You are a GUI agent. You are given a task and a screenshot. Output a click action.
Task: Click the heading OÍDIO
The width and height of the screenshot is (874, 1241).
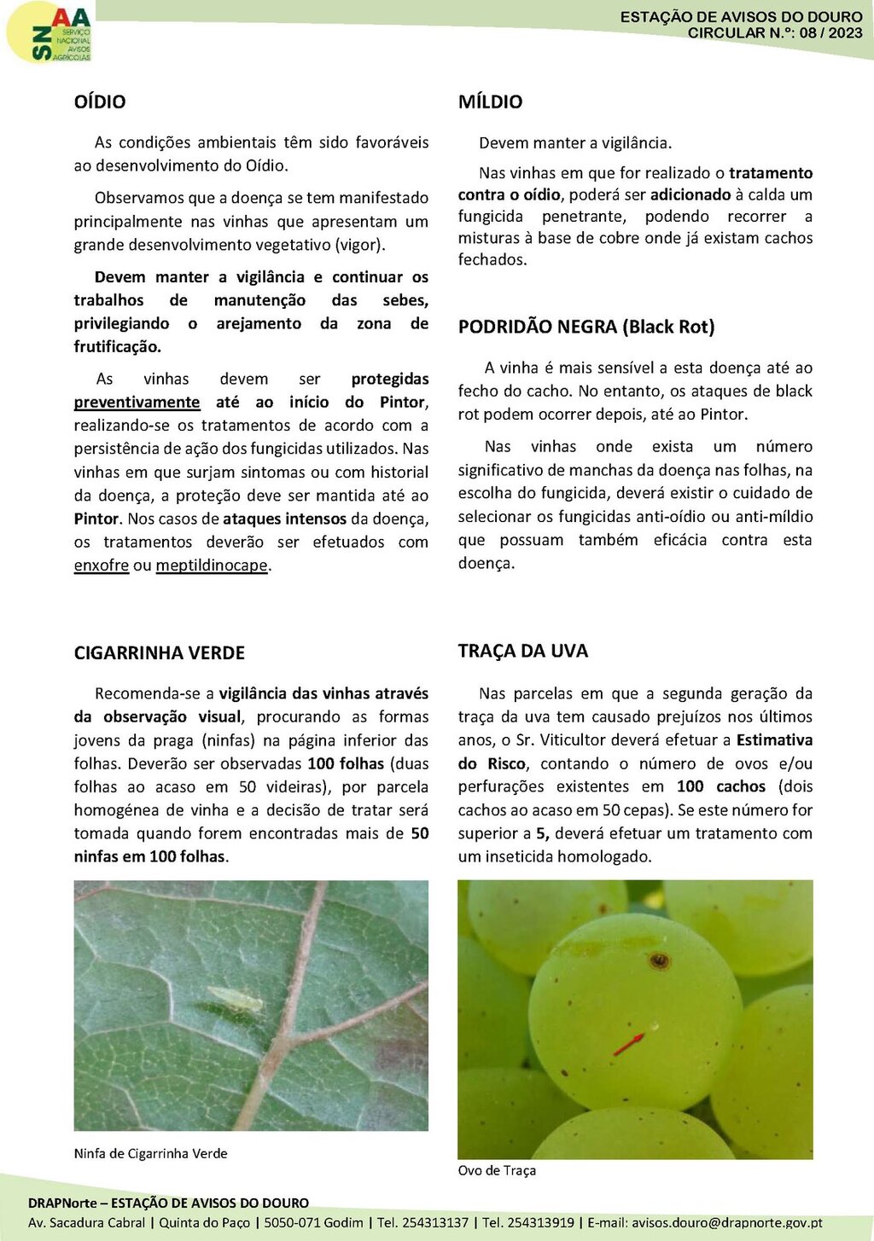click(x=100, y=101)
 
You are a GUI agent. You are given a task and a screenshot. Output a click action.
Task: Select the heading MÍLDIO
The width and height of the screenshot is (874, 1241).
click(x=490, y=101)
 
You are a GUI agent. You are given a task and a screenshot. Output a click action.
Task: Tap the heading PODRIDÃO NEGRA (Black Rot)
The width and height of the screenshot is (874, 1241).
click(x=586, y=327)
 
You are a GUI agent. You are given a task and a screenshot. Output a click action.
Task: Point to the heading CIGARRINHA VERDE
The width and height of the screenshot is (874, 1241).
click(x=160, y=652)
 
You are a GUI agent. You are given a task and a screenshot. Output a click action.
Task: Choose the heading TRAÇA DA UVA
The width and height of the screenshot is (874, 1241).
click(x=522, y=651)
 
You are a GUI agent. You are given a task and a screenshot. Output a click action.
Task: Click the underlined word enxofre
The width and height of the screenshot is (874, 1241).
click(x=101, y=565)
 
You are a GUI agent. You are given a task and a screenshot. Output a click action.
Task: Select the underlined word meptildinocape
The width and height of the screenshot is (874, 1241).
click(x=212, y=565)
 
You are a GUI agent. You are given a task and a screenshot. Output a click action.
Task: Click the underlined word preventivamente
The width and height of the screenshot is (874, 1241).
click(x=137, y=402)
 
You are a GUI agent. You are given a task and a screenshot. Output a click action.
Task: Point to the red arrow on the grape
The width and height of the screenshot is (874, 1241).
click(x=629, y=1043)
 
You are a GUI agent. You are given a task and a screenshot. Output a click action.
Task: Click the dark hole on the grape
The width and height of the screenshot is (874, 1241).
click(x=659, y=961)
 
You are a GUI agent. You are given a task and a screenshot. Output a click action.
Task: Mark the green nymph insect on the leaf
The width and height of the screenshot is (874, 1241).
click(x=235, y=998)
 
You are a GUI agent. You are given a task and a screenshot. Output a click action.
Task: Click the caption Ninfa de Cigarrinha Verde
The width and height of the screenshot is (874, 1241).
click(x=150, y=1153)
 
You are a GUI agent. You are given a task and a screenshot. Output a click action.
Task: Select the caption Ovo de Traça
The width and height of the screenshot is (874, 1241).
click(x=497, y=1170)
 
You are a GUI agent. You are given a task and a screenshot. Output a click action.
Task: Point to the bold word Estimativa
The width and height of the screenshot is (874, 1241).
click(x=774, y=740)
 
